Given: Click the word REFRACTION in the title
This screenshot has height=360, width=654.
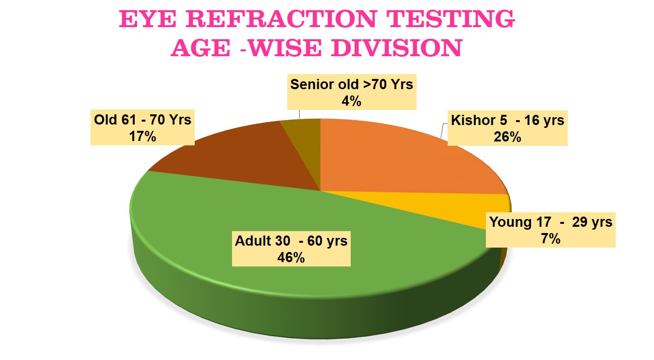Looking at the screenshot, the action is coord(281,19).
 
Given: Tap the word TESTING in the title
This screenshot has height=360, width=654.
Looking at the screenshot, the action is coord(450,19).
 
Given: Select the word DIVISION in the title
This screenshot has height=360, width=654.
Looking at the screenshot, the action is coord(397,47).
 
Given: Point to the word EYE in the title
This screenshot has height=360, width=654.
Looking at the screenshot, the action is coord(148,19).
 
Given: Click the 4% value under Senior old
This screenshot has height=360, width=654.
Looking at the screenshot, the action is coord(352,101).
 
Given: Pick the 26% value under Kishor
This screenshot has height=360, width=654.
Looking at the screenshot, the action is coord(507,137).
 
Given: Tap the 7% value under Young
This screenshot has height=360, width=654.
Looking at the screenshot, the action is coord(551,238).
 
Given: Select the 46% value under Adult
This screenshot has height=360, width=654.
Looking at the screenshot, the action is coord(291,257).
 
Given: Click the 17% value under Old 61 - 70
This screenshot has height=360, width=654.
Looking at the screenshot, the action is coord(142,136).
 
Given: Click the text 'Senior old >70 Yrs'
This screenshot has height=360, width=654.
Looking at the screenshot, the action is coord(352,84).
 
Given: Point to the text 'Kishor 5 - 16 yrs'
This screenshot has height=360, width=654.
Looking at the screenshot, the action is coord(507,120).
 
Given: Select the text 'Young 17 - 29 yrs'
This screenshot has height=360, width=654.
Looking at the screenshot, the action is coord(551,222).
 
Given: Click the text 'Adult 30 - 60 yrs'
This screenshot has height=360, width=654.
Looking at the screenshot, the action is coord(291,241).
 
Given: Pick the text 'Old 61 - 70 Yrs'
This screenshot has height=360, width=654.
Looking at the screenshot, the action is coord(142,120).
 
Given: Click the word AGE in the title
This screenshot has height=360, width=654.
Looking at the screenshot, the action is coord(201,47).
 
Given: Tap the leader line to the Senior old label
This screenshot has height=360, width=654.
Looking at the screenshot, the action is coord(299,114).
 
